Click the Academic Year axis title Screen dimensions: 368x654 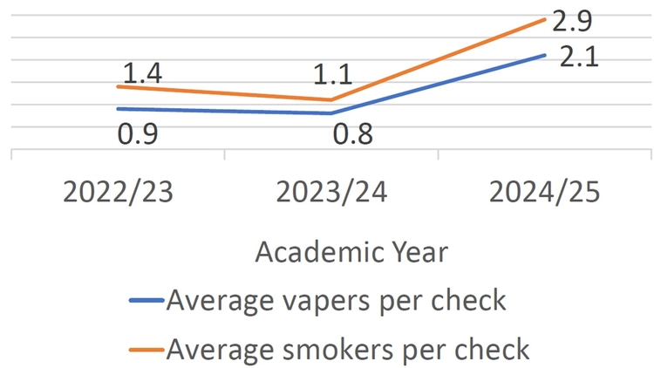[351, 253]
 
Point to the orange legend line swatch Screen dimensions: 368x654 [146, 350]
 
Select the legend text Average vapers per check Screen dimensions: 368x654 [336, 301]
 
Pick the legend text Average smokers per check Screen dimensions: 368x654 [347, 349]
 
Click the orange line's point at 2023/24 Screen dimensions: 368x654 [331, 99]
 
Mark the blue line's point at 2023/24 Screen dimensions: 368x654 [331, 112]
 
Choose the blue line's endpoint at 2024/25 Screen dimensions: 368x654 [546, 55]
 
